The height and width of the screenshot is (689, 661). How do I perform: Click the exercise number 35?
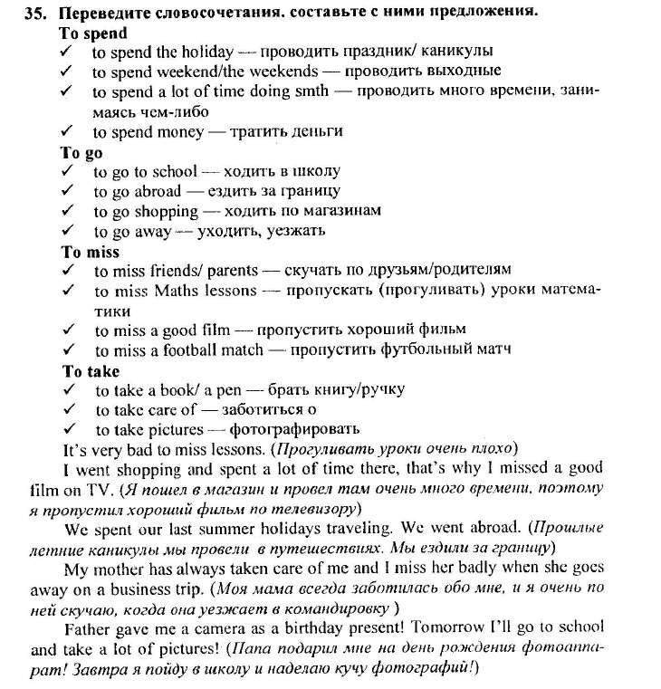click(37, 13)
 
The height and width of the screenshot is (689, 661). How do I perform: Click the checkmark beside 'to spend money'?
click(66, 130)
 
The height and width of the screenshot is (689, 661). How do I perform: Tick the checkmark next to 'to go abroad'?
click(67, 191)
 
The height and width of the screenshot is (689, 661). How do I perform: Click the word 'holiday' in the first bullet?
click(208, 52)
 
